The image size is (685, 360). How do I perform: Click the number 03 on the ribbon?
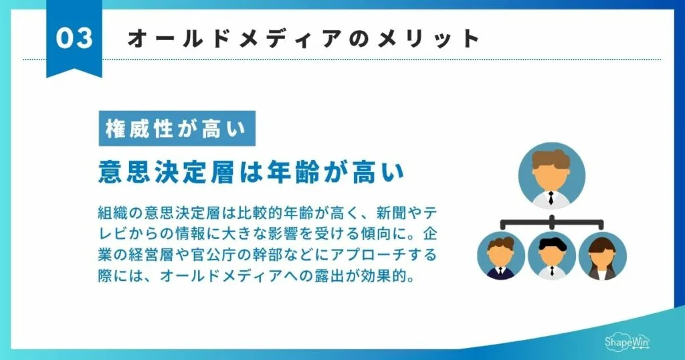(74, 38)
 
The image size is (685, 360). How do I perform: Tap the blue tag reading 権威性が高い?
(177, 128)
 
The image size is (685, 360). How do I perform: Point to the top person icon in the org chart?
(551, 176)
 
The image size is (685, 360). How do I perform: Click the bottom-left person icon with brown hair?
(500, 256)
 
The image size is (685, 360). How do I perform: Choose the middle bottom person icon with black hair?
(551, 256)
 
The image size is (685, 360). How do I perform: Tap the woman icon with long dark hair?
(602, 256)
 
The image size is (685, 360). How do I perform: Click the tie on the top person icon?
(551, 198)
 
